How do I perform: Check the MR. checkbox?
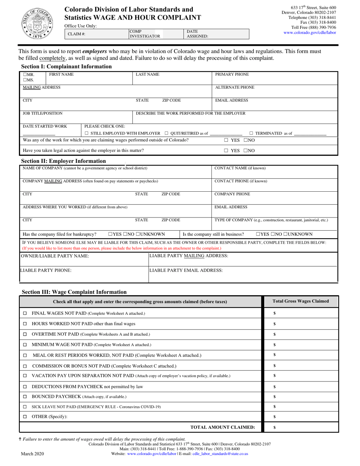[x=25, y=75]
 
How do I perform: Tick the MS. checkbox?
[x=25, y=80]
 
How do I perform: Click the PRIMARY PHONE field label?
[x=232, y=75]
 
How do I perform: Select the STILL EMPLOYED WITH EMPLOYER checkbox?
[x=87, y=133]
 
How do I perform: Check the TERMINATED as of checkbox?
[x=251, y=133]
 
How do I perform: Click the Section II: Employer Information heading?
[x=63, y=161]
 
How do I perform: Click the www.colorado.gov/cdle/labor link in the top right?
[x=310, y=33]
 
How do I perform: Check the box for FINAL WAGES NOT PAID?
[x=25, y=314]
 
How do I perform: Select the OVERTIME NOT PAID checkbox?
[x=25, y=334]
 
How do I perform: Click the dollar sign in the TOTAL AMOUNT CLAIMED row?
[x=274, y=427]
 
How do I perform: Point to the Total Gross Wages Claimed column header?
[x=301, y=302]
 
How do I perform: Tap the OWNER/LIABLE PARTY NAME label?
[x=55, y=256]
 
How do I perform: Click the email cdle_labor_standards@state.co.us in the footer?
[x=220, y=453]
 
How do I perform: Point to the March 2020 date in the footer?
[x=31, y=453]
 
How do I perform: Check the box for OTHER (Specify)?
[x=25, y=417]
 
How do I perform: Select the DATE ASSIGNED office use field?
[x=216, y=34]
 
